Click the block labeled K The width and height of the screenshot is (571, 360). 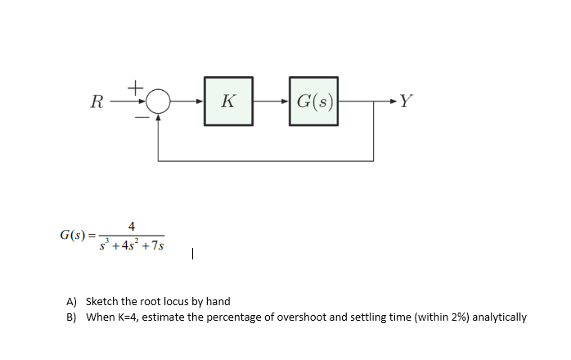(x=228, y=101)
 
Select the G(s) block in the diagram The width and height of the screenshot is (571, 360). (x=314, y=101)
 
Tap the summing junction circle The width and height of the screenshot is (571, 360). (x=159, y=101)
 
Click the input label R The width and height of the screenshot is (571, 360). (x=97, y=102)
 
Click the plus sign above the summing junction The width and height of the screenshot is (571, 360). (x=137, y=84)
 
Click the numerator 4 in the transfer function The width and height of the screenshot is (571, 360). (x=132, y=226)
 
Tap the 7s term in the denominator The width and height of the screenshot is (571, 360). (x=155, y=244)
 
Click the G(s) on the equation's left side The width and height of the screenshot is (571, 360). (x=75, y=236)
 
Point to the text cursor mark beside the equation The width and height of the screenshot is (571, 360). (x=191, y=254)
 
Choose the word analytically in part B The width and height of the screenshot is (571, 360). (x=500, y=317)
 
